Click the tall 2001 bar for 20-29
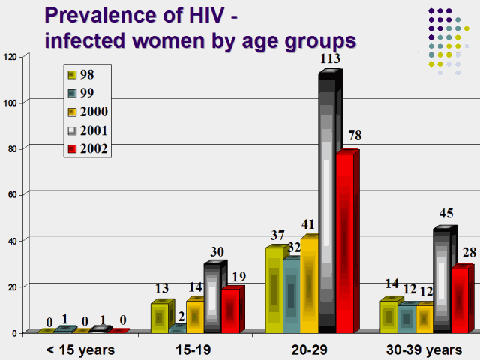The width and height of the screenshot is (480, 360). tap(327, 202)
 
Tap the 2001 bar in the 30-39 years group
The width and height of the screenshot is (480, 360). tap(442, 281)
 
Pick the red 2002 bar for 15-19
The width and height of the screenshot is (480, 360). tap(230, 310)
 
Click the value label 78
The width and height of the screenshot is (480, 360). tap(355, 136)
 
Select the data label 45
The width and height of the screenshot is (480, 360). tap(445, 213)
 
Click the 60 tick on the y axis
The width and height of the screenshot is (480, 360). tap(11, 193)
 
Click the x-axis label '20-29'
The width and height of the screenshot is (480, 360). tap(309, 349)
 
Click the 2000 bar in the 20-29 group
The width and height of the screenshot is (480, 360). tap(309, 286)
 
